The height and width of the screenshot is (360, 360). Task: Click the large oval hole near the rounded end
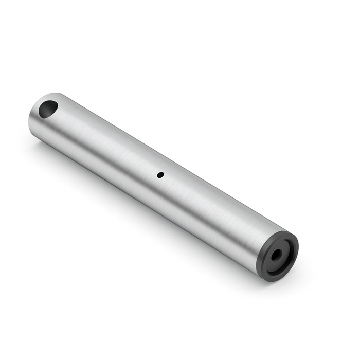pos(48,109)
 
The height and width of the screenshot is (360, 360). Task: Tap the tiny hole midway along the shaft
pos(160,175)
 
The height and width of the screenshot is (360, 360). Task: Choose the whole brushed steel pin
pos(154,180)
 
